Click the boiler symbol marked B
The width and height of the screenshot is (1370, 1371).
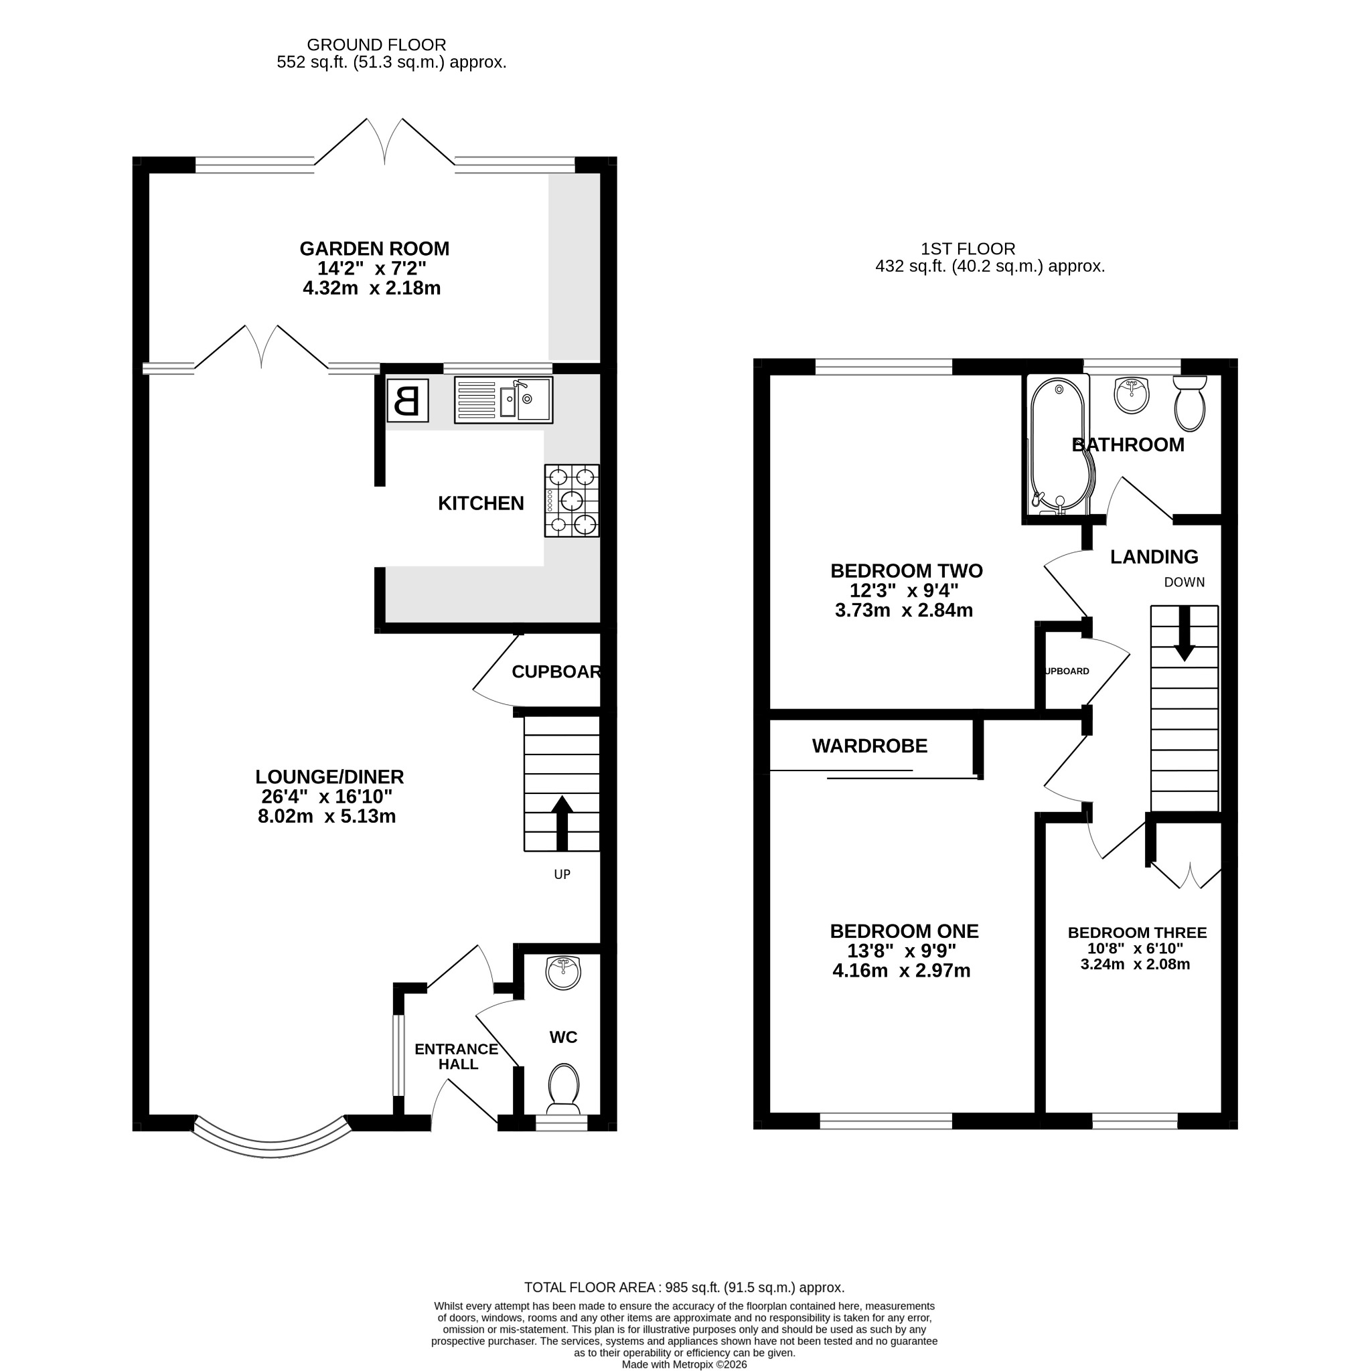tap(407, 400)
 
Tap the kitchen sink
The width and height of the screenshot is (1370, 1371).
tap(504, 400)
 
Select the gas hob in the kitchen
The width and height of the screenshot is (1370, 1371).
tap(571, 500)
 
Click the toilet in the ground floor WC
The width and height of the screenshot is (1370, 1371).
tap(564, 1089)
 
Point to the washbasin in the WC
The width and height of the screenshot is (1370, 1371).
tap(564, 972)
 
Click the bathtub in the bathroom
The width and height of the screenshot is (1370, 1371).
tap(1059, 445)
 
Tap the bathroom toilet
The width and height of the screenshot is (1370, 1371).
tap(1190, 403)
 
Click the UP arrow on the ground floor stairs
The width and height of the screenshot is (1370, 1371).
tap(562, 823)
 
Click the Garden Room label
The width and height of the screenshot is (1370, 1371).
tap(374, 249)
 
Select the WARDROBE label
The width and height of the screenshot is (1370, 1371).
tap(870, 746)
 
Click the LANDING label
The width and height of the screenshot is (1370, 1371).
tap(1154, 557)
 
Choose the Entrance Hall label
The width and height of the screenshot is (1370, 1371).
tap(457, 1056)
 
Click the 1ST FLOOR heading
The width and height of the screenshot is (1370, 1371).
tap(968, 249)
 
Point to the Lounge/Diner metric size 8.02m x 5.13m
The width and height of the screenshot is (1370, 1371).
tap(327, 817)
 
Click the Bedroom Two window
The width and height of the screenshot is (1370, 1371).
tap(884, 367)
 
